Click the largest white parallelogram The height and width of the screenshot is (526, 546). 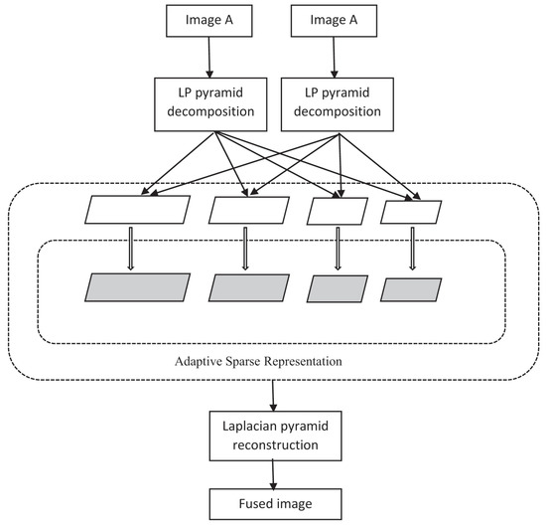[139, 210]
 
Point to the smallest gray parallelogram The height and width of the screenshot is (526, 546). [410, 289]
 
